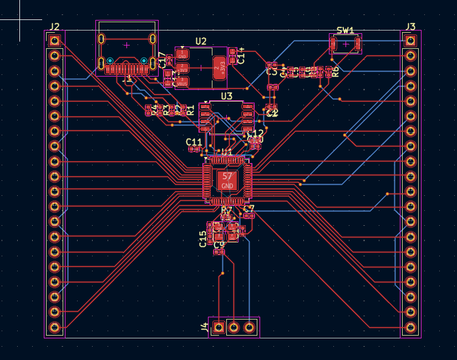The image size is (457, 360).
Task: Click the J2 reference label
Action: click(x=54, y=27)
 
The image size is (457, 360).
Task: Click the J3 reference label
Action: click(x=410, y=27)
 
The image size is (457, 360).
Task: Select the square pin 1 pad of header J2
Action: click(x=54, y=40)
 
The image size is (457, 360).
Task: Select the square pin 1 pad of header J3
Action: click(x=410, y=40)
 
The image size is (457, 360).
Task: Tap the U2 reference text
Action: click(x=201, y=41)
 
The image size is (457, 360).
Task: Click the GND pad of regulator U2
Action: click(x=182, y=54)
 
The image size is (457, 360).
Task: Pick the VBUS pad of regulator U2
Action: click(x=182, y=82)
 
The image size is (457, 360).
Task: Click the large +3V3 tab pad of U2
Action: click(x=220, y=68)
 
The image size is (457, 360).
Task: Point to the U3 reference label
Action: click(x=226, y=96)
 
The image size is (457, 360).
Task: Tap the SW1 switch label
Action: click(x=345, y=31)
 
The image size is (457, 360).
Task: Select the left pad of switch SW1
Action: click(x=333, y=44)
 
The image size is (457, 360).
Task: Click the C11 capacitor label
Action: click(x=194, y=142)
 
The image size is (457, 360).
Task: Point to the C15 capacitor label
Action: click(x=203, y=239)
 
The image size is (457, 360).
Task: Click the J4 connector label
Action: click(x=205, y=328)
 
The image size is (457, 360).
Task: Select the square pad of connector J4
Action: click(x=219, y=327)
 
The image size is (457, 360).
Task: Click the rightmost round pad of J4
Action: click(x=250, y=327)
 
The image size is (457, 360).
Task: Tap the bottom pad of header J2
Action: click(x=54, y=327)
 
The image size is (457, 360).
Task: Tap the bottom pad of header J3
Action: click(x=410, y=327)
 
